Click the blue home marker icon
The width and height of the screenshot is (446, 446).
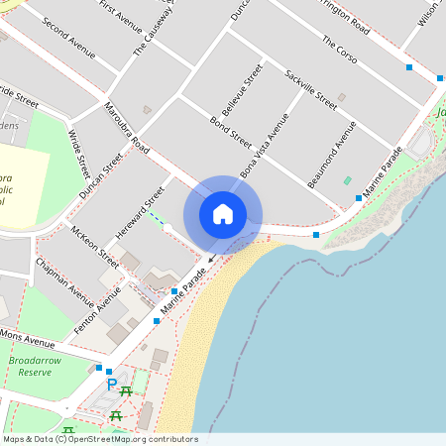(x=223, y=213)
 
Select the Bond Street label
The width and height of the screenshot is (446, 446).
(x=231, y=132)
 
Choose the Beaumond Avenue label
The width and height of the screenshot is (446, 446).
(x=337, y=149)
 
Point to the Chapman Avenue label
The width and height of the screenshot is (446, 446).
(x=65, y=282)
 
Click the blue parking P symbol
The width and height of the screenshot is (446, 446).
(x=112, y=385)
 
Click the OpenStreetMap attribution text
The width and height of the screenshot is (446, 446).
(x=100, y=439)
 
